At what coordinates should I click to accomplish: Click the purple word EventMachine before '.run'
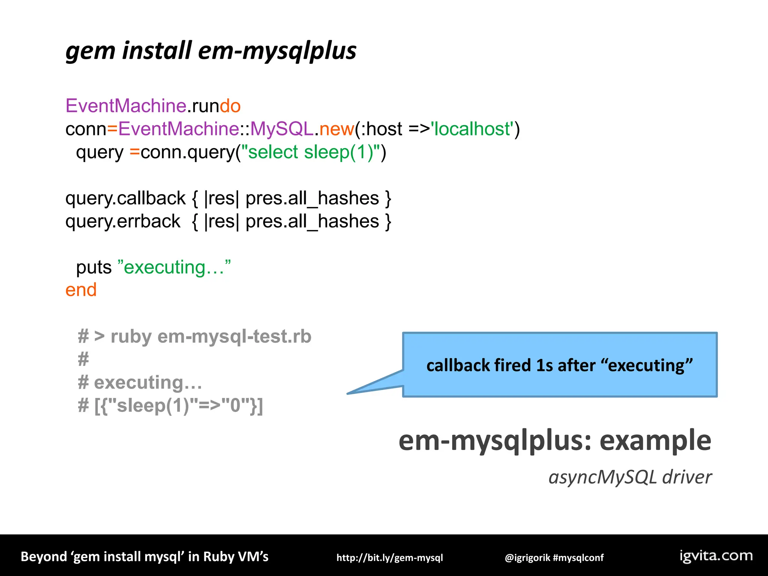[x=126, y=106]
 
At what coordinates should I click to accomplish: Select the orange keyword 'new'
[x=336, y=129]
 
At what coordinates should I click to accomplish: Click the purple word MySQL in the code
[x=281, y=129]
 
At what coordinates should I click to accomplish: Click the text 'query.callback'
[x=125, y=198]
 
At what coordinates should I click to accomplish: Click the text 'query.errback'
[x=123, y=221]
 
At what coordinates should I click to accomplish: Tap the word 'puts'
[x=94, y=267]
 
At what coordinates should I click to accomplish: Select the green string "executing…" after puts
[x=174, y=267]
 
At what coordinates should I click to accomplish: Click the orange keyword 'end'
[x=81, y=290]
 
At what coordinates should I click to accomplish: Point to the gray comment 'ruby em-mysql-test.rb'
[x=211, y=336]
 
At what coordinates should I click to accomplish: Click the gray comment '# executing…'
[x=140, y=382]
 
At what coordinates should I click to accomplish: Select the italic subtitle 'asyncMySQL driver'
[x=630, y=477]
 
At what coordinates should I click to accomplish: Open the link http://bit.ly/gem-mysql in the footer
[x=390, y=558]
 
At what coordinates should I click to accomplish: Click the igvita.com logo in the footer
[x=716, y=556]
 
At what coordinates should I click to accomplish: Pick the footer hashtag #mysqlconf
[x=578, y=558]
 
